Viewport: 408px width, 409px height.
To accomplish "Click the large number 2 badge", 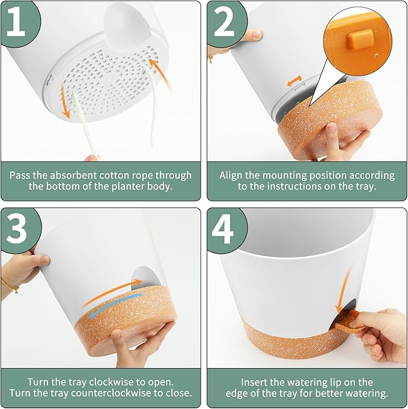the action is pyautogui.click(x=225, y=22).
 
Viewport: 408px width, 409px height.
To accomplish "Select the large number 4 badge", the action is pyautogui.click(x=225, y=229).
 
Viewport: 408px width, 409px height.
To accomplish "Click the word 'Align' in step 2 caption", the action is pyautogui.click(x=231, y=176).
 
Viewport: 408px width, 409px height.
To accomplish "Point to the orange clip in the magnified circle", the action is pyautogui.click(x=361, y=39).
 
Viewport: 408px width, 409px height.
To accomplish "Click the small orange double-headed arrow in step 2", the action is pyautogui.click(x=294, y=81).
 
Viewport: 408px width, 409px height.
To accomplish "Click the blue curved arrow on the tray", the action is pyautogui.click(x=116, y=305).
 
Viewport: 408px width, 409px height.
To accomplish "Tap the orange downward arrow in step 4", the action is pyautogui.click(x=343, y=292).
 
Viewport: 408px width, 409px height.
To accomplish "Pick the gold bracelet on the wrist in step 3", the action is pyautogui.click(x=10, y=286).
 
